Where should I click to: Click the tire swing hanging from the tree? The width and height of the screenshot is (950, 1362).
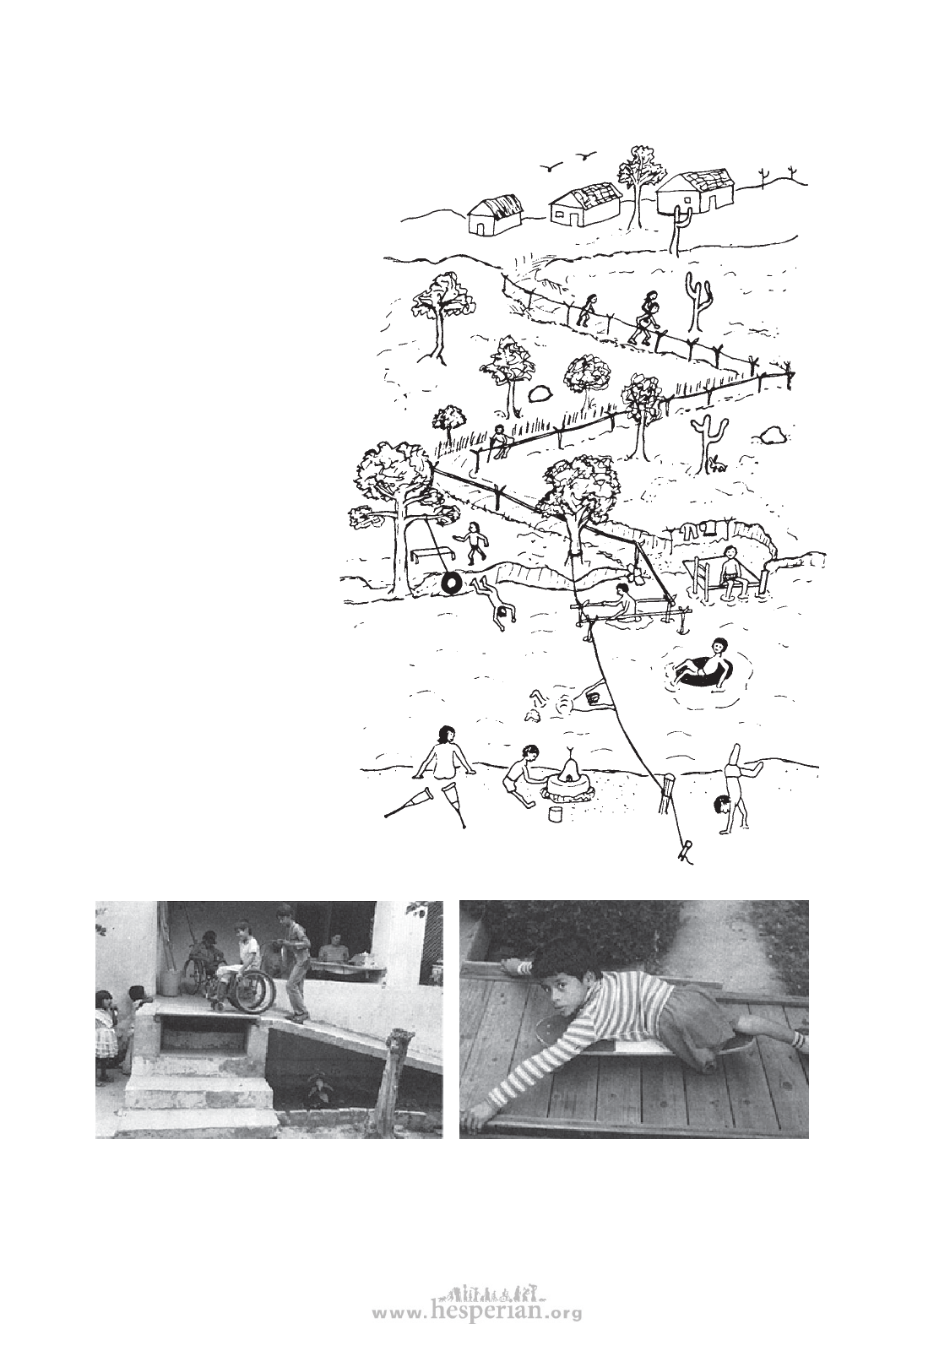click(452, 583)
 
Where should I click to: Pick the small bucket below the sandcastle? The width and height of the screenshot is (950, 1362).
click(556, 813)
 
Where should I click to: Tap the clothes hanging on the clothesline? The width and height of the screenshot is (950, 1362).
click(699, 515)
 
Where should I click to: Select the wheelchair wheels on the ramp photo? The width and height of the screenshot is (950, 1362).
click(255, 987)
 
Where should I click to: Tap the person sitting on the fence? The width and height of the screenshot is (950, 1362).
click(499, 441)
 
